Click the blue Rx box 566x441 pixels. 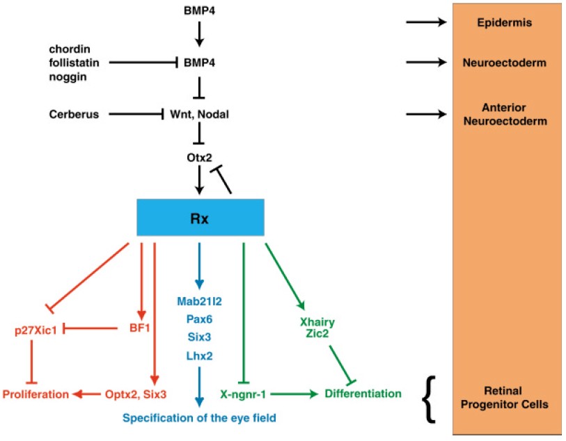(x=200, y=216)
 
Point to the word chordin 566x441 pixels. (x=67, y=49)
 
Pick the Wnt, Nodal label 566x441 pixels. (x=200, y=113)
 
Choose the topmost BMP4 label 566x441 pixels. (x=200, y=10)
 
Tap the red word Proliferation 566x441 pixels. (x=36, y=394)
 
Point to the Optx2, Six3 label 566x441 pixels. (x=136, y=394)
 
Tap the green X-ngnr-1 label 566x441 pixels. (x=244, y=394)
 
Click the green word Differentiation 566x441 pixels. (x=363, y=394)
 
